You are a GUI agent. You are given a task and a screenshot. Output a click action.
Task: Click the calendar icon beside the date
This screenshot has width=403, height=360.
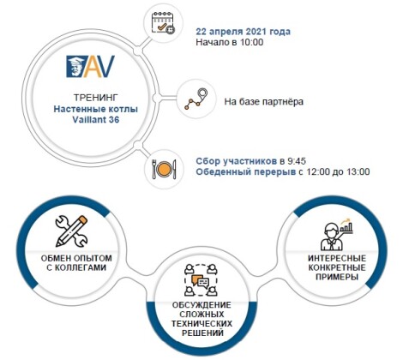(163, 23)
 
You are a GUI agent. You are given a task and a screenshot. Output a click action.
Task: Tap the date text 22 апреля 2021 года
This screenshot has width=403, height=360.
(243, 32)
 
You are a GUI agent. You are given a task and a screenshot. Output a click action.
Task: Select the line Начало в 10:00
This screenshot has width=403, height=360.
(230, 42)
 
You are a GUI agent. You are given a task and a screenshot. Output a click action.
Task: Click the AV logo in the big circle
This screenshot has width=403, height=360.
(91, 67)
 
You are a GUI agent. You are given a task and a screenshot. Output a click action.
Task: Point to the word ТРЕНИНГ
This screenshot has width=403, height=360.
(96, 98)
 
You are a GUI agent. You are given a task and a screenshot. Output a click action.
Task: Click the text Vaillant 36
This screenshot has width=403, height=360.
(96, 119)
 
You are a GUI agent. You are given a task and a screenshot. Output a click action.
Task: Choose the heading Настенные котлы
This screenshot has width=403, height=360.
(96, 109)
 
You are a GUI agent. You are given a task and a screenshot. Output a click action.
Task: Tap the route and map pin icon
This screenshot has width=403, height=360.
(196, 99)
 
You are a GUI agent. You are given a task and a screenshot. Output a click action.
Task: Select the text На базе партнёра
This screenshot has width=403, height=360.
(263, 101)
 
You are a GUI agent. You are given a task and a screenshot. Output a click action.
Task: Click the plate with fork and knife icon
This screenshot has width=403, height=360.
(164, 169)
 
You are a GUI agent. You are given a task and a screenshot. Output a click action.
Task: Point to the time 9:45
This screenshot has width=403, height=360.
(297, 161)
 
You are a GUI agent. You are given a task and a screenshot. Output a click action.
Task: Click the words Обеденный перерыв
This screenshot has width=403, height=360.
(246, 172)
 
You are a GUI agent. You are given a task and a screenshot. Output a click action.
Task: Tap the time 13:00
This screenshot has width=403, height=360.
(358, 172)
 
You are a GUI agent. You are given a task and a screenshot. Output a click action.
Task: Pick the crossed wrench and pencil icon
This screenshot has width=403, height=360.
(71, 231)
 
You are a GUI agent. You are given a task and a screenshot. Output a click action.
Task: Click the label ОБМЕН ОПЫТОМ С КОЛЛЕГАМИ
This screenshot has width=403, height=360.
(76, 263)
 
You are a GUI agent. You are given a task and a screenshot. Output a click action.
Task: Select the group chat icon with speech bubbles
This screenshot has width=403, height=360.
(201, 280)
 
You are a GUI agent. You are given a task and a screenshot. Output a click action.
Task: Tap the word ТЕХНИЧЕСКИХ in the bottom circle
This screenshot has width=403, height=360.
(201, 324)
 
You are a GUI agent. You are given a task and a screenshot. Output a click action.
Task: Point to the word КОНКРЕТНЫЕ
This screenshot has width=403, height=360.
(337, 267)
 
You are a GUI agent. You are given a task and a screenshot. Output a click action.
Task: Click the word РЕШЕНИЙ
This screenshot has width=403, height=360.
(202, 333)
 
